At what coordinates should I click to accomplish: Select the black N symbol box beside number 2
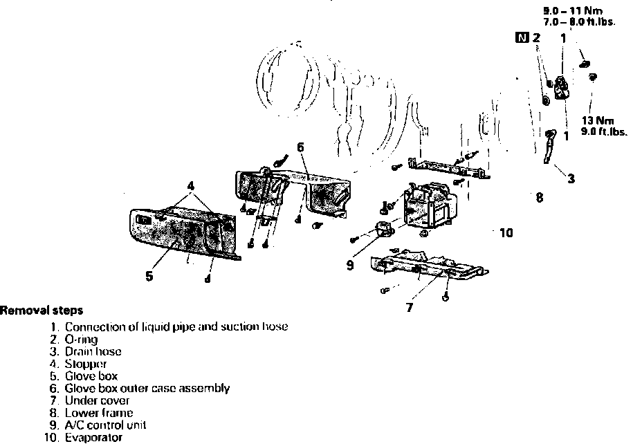(x=522, y=37)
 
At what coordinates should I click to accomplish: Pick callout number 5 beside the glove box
(x=149, y=275)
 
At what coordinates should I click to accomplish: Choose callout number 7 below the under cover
(x=410, y=308)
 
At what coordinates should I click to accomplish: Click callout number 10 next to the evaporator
(x=506, y=233)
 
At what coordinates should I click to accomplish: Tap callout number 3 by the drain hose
(x=571, y=179)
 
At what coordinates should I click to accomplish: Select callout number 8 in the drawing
(x=539, y=198)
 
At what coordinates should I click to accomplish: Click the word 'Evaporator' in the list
(x=93, y=437)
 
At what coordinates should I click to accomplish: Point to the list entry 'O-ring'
(x=81, y=340)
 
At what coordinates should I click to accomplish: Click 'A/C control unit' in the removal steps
(x=105, y=425)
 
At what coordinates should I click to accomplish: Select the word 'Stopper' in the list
(x=86, y=364)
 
